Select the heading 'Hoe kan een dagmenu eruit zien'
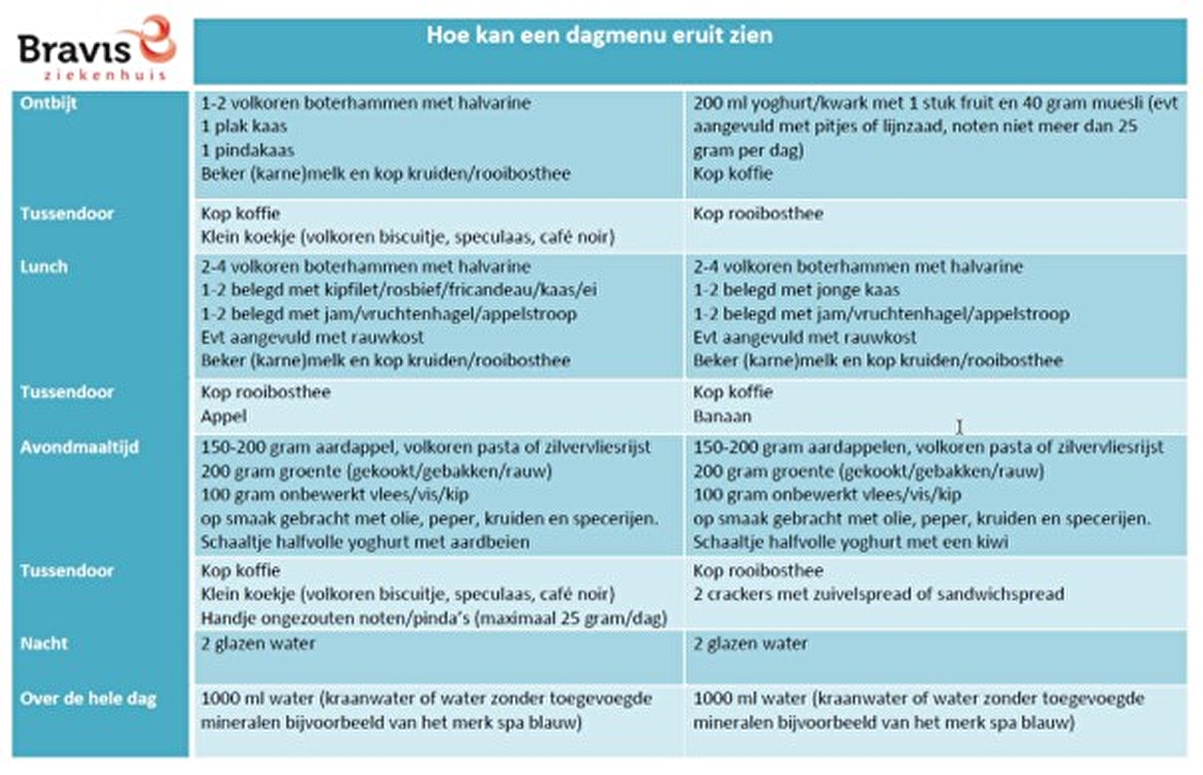click(600, 37)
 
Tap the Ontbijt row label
click(48, 103)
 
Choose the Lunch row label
click(43, 267)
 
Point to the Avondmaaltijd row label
click(79, 447)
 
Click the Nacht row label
click(43, 644)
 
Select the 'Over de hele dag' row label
click(88, 699)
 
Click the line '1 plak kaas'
click(243, 127)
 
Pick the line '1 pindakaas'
click(247, 150)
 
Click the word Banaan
click(722, 416)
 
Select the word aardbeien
click(495, 542)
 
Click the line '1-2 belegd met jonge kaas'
click(796, 290)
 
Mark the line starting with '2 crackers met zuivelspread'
click(878, 595)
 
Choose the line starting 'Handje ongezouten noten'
click(433, 618)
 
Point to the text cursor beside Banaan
click(959, 427)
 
